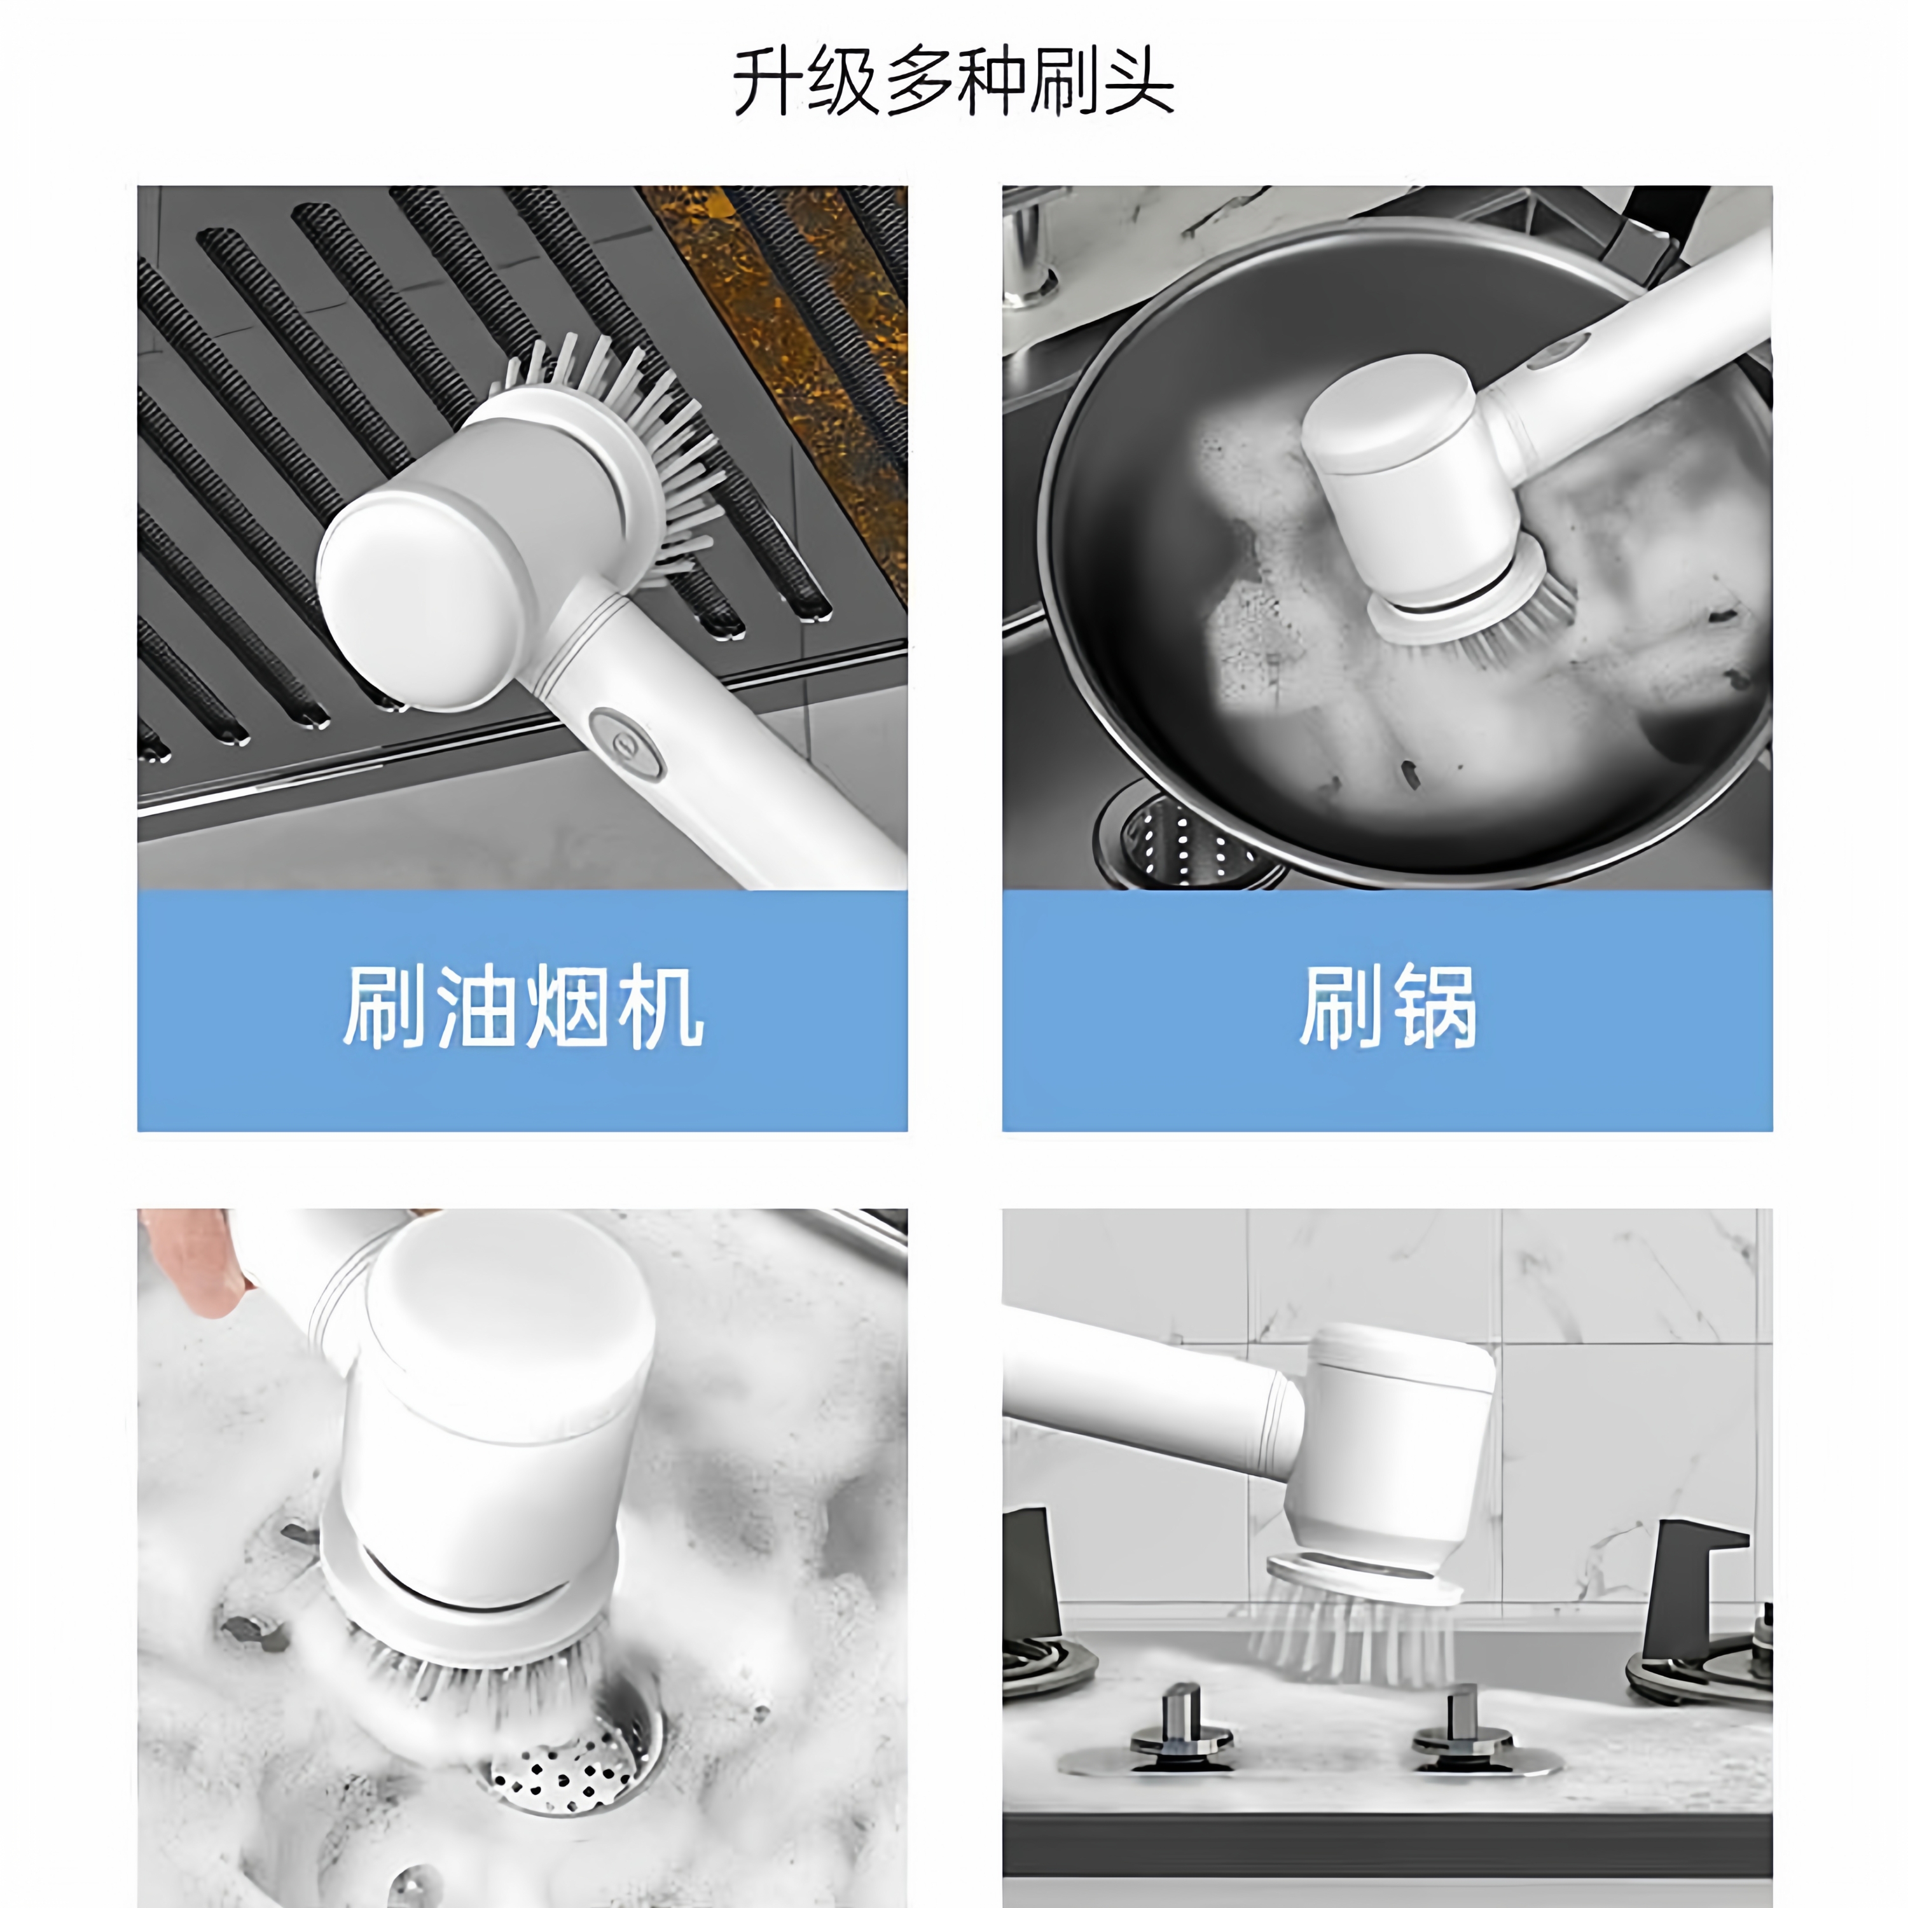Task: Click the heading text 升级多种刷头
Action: (x=953, y=82)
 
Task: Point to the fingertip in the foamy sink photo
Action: (x=202, y=1274)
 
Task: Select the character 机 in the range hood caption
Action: (x=661, y=1007)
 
